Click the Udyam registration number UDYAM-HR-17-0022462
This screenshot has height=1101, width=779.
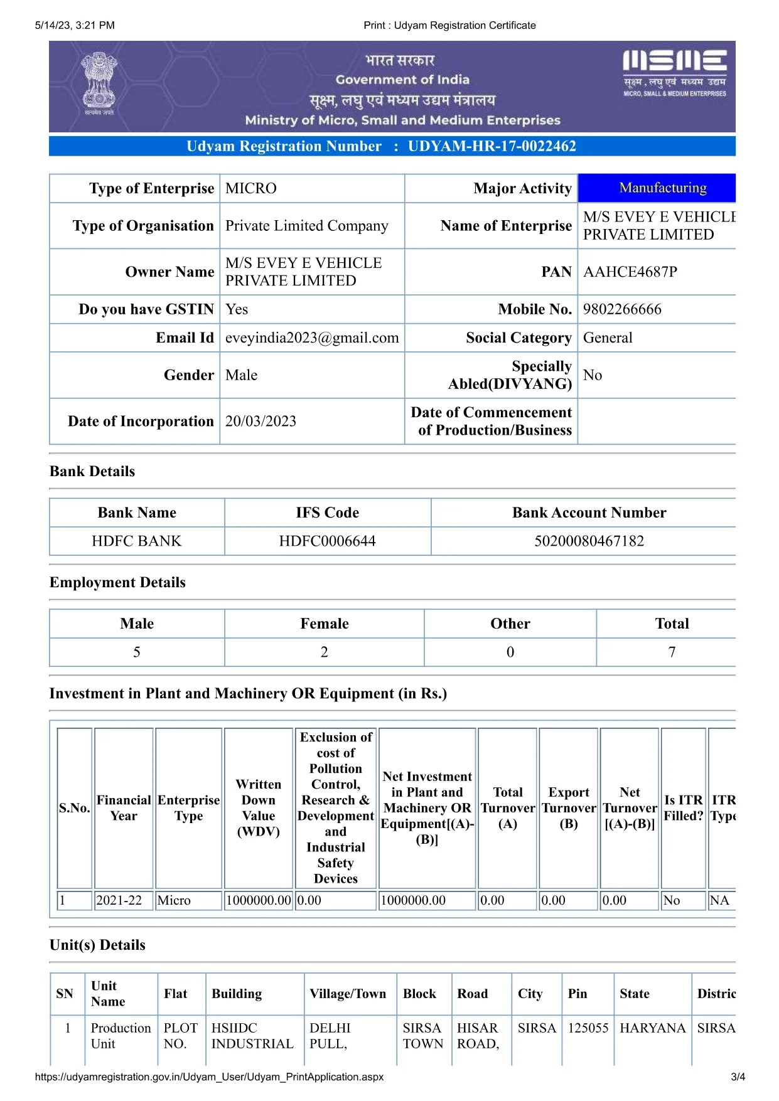pos(492,146)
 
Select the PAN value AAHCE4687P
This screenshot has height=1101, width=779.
pos(630,272)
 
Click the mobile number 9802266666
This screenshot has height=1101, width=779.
pos(621,309)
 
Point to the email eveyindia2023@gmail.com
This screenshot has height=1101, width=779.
pos(311,338)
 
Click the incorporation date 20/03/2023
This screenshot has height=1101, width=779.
pos(261,422)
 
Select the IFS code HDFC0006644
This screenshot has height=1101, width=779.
pos(327,541)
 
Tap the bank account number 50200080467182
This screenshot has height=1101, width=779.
pos(589,541)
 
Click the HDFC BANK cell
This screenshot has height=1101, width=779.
pos(136,541)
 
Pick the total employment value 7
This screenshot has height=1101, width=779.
pos(672,652)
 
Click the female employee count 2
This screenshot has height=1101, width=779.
pos(324,652)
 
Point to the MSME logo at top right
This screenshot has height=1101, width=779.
pos(674,73)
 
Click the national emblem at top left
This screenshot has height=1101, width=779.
pos(99,83)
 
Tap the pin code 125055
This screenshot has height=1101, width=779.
pos(588,1028)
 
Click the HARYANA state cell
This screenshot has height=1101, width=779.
pos(652,1028)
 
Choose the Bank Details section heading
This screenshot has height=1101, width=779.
pos(92,472)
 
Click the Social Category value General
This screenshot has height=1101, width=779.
pos(608,338)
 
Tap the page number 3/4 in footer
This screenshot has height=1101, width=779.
pos(738,1077)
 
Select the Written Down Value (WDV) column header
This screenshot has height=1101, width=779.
pos(258,808)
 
